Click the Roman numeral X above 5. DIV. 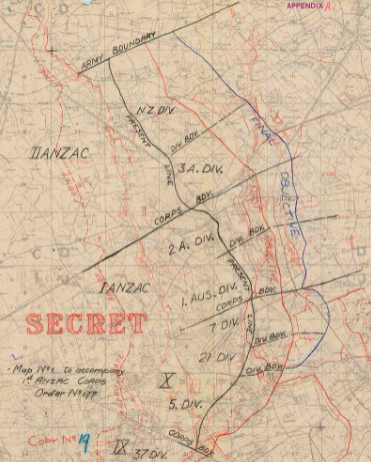[x=170, y=378]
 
